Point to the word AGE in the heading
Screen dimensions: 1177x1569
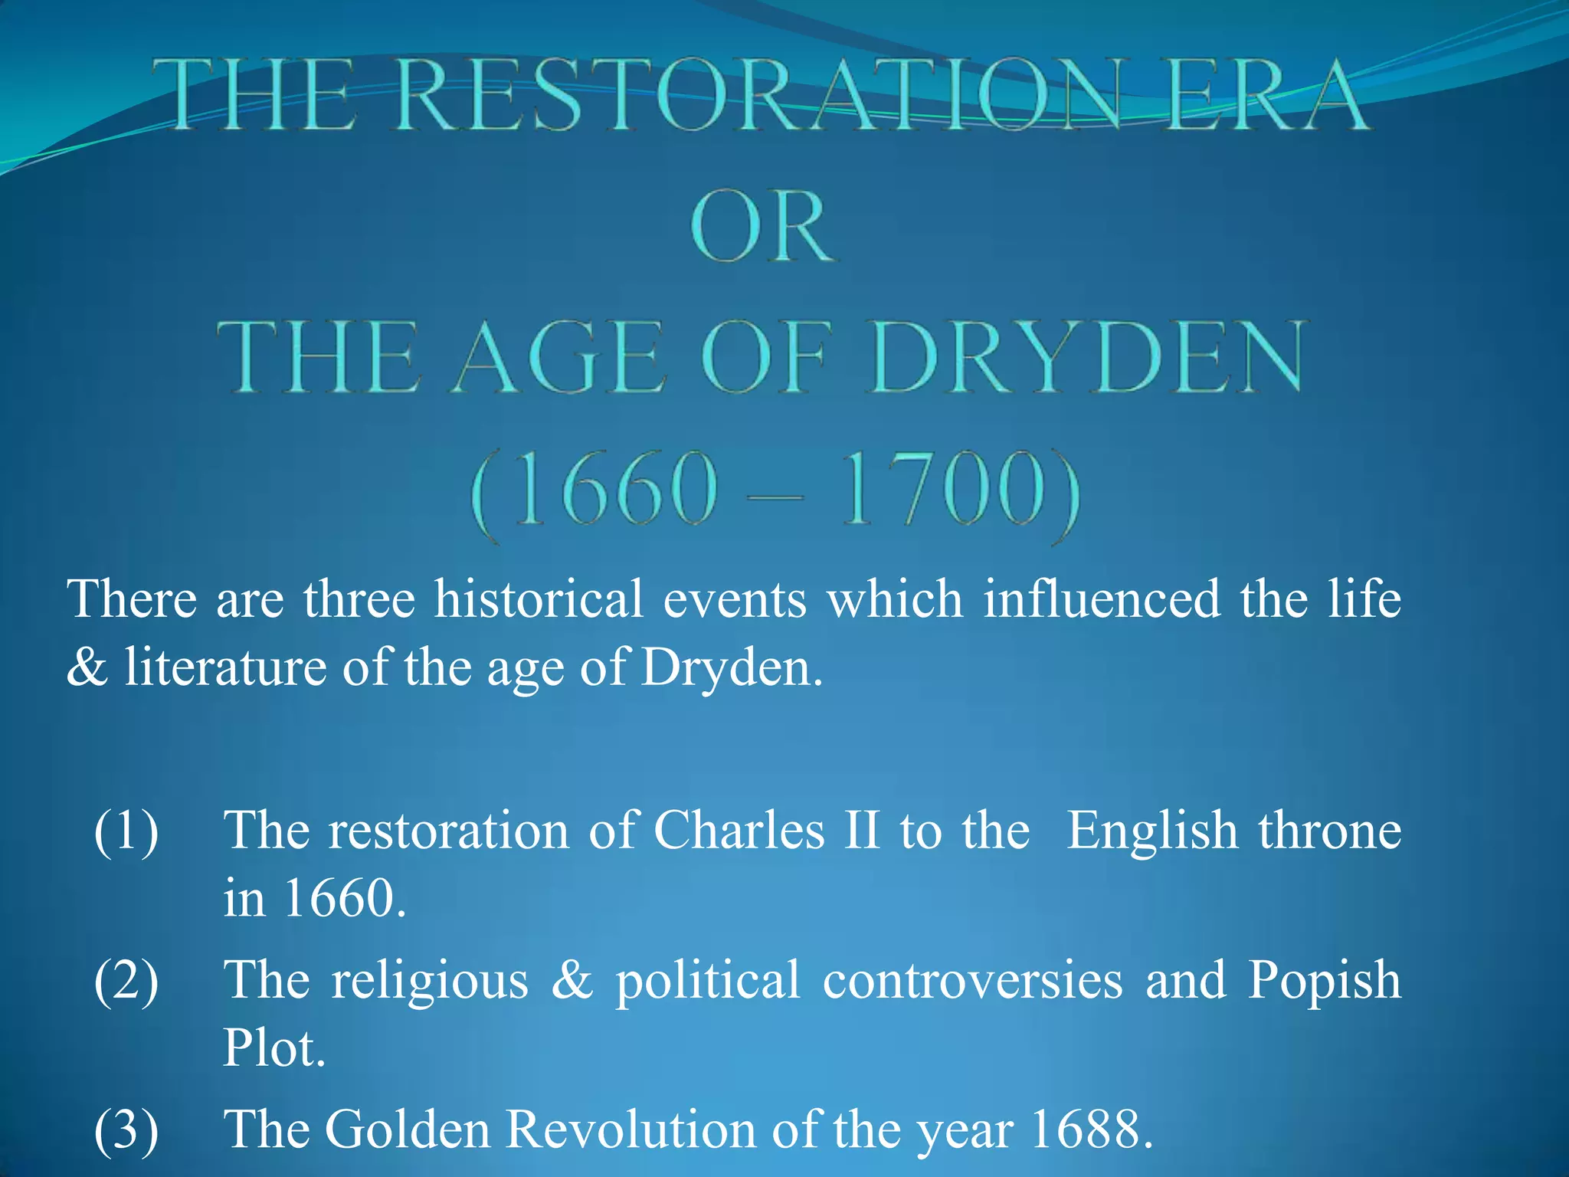pyautogui.click(x=558, y=358)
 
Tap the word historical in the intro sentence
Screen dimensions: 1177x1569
pyautogui.click(x=539, y=599)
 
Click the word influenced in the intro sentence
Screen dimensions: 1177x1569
pyautogui.click(x=1102, y=599)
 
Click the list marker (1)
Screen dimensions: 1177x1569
pyautogui.click(x=126, y=831)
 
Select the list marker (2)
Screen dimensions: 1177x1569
pyautogui.click(x=126, y=982)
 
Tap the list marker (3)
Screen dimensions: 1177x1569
pyautogui.click(x=126, y=1130)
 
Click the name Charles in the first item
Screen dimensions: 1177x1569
pyautogui.click(x=739, y=831)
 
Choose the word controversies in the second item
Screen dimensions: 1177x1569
pyautogui.click(x=972, y=981)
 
